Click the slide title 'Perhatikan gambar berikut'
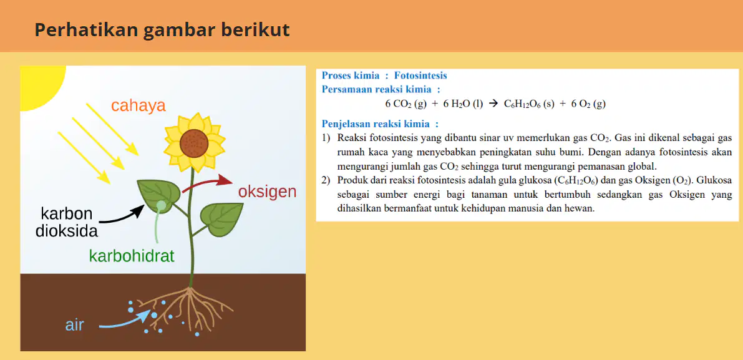coord(162,31)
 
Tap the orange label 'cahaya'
coord(138,105)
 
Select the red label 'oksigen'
coord(267,192)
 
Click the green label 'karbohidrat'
coord(132,256)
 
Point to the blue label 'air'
coord(74,326)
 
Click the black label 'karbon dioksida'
coord(67,221)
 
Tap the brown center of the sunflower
coord(194,143)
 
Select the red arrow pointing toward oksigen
coord(206,183)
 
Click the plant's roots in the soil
coord(188,308)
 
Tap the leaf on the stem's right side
coord(221,218)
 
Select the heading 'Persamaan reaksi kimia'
coord(377,89)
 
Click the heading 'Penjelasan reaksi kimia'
coord(377,124)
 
